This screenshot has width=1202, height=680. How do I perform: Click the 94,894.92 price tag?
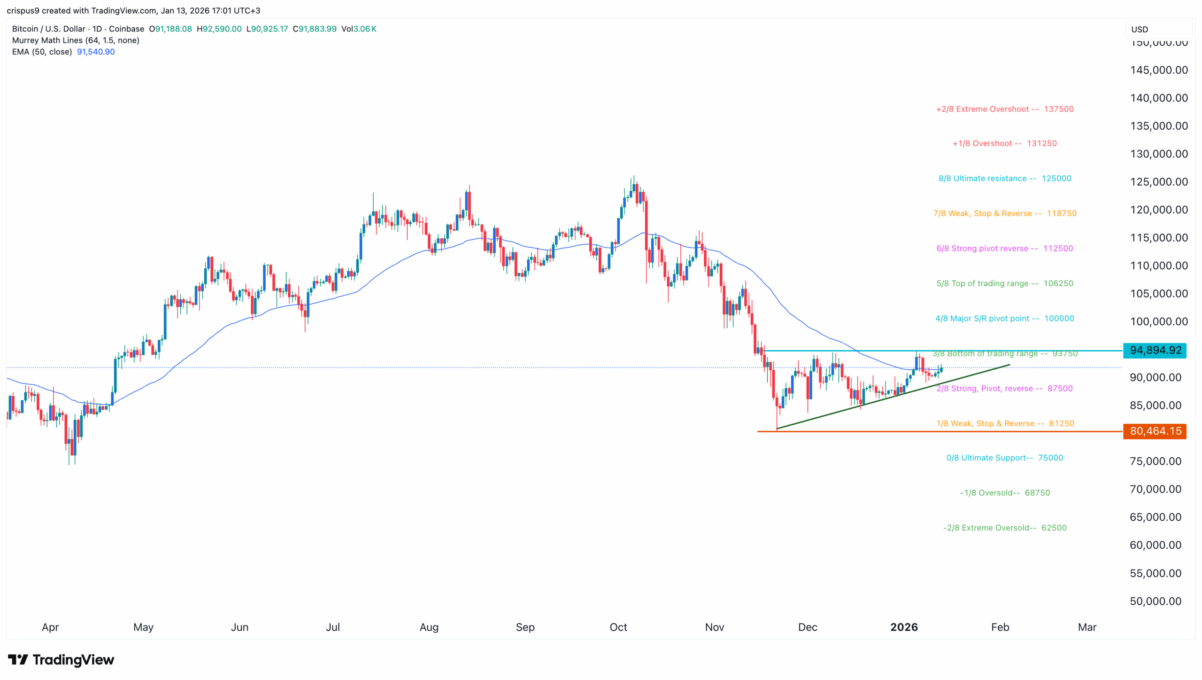tap(1155, 350)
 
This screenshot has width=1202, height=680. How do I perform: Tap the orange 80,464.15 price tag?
tap(1155, 431)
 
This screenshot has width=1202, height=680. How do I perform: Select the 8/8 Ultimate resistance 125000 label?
tap(1004, 179)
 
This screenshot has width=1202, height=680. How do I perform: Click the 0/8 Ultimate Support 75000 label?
tap(1004, 458)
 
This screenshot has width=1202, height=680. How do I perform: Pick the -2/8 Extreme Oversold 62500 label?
tap(1004, 528)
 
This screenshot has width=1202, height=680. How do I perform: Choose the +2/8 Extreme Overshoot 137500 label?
tap(1004, 109)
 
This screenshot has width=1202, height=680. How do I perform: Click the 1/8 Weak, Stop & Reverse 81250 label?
tap(1005, 423)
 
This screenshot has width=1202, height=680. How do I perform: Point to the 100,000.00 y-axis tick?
tap(1159, 321)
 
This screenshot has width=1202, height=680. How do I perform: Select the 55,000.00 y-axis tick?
tap(1156, 573)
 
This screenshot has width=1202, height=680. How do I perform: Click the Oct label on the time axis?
tap(618, 627)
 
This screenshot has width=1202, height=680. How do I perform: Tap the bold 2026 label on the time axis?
tap(904, 627)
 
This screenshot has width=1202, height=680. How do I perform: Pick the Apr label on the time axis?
tap(50, 627)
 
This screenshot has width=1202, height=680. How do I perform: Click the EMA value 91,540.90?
tap(96, 52)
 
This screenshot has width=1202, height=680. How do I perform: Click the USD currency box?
tap(1140, 29)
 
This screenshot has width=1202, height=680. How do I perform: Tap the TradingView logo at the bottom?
tap(61, 660)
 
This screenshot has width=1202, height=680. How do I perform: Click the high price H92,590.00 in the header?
tap(219, 29)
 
